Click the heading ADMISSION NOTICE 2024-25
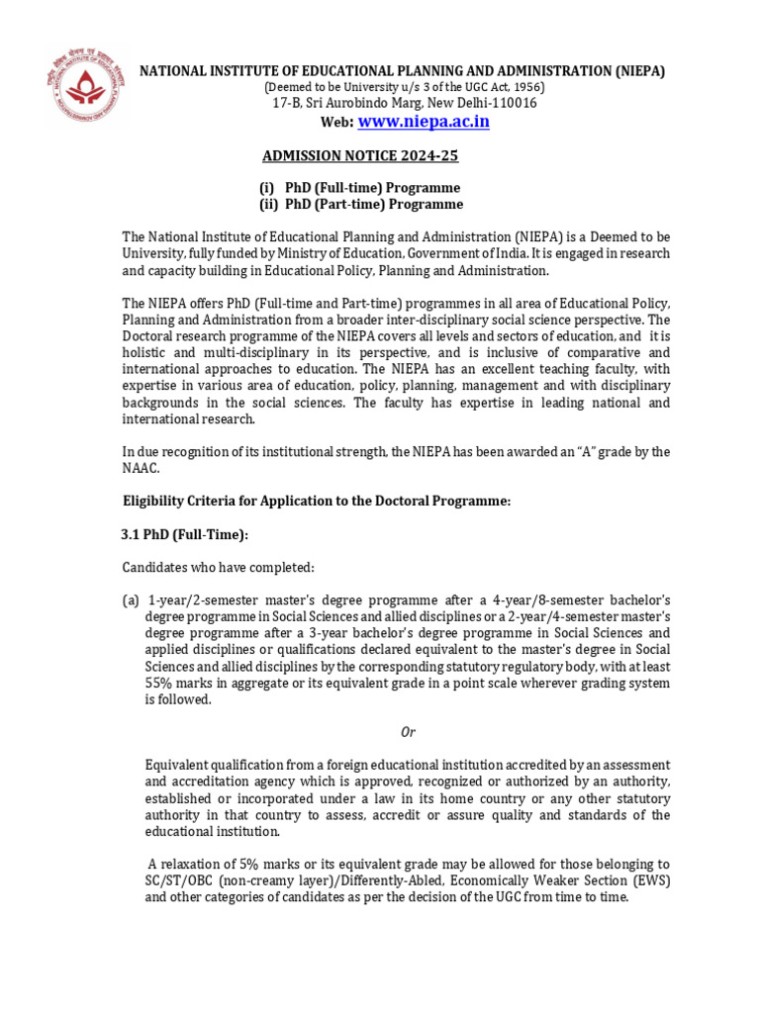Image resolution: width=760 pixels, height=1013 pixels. tap(360, 156)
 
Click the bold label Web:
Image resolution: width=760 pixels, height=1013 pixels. tap(335, 123)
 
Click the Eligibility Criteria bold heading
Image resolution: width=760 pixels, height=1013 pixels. tap(316, 502)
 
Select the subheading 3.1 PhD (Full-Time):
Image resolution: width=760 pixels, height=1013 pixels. tap(184, 535)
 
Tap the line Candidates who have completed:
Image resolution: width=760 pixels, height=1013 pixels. tap(218, 568)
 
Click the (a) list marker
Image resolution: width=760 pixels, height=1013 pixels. tap(131, 602)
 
